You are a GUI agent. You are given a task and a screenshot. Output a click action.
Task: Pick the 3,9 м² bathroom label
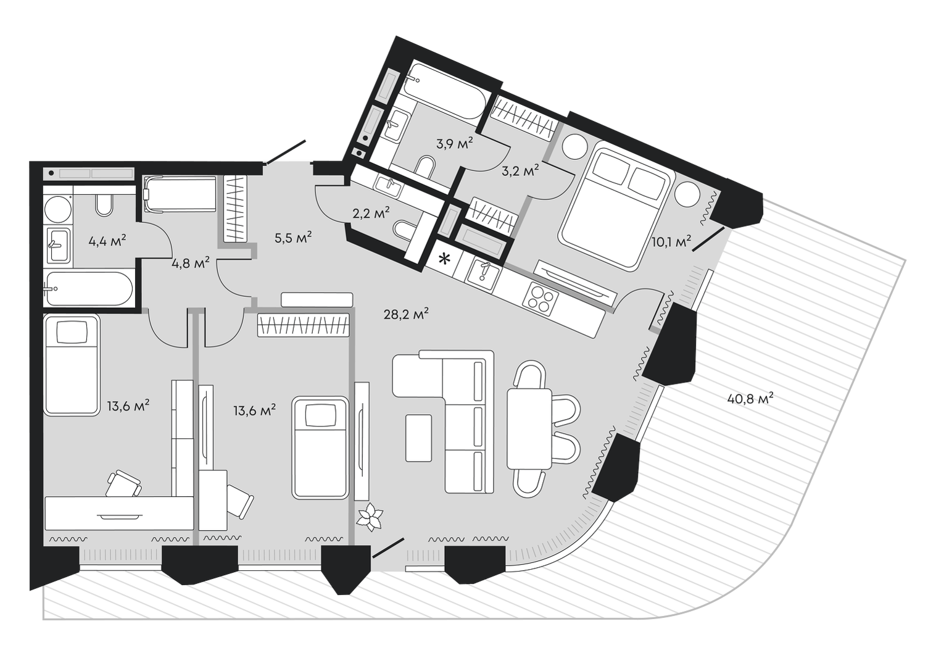[x=454, y=144]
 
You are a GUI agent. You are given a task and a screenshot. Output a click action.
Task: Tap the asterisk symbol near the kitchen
[x=444, y=259]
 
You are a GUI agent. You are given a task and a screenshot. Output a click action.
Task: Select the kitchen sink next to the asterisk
[x=484, y=273]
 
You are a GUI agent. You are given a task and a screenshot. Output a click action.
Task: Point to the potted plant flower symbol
[x=371, y=516]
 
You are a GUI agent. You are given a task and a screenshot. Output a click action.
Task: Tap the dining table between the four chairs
[x=529, y=428]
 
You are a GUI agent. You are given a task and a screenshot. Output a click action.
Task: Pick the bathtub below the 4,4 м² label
[x=88, y=288]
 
